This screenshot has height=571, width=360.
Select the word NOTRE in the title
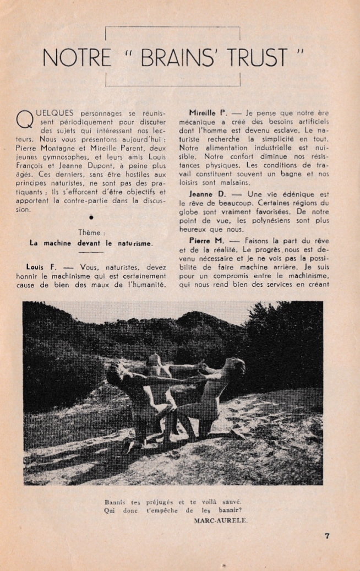tap(77, 58)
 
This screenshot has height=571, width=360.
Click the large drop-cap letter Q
tap(24, 118)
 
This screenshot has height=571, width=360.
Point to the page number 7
tap(327, 535)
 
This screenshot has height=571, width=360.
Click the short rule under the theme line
tap(91, 252)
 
